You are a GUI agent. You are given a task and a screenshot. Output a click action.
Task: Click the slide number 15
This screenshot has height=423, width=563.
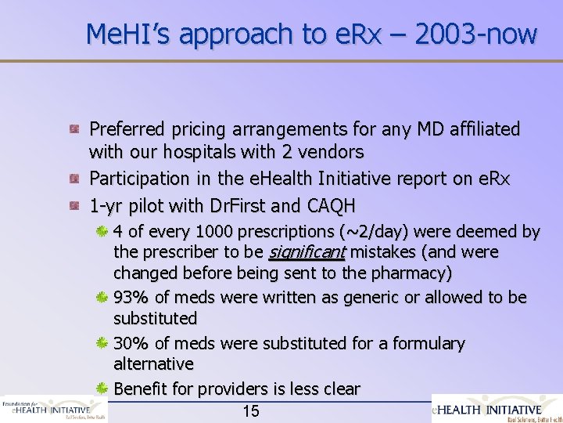251,411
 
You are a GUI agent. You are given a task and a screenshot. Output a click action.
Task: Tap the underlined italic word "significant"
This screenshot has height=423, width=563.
307,252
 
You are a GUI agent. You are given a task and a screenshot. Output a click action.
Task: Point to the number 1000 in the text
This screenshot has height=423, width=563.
214,232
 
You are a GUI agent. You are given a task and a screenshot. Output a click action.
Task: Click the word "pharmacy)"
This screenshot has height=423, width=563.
414,273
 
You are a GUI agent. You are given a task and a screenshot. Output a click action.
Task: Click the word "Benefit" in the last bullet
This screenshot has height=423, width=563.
142,389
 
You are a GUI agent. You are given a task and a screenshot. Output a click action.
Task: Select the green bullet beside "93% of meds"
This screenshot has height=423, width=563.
102,298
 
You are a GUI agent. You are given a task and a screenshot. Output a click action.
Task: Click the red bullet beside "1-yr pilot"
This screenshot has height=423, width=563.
74,206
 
